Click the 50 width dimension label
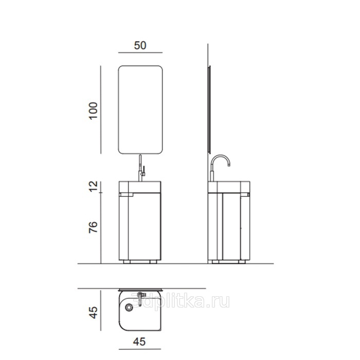coord(140,45)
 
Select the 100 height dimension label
coord(94,111)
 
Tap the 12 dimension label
coord(94,186)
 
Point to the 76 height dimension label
coord(94,227)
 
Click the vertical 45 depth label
coord(94,313)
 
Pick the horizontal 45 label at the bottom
coord(139,341)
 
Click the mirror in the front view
coord(140,110)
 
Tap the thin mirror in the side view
coord(209,110)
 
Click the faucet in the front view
coord(140,168)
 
